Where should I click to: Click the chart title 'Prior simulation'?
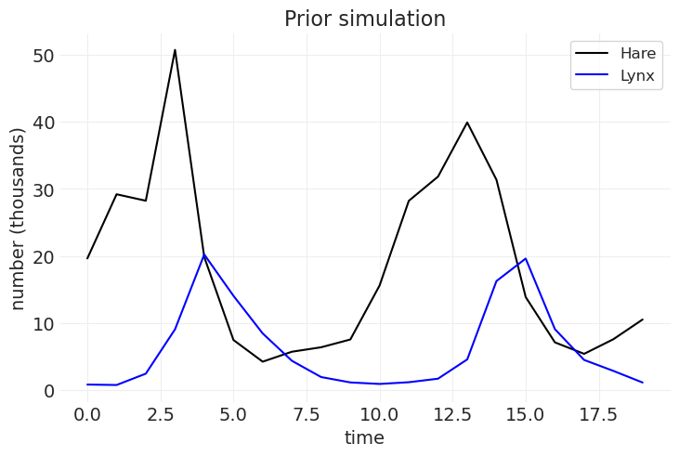click(x=365, y=19)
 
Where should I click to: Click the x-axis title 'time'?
click(x=364, y=437)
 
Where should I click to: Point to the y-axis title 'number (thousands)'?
click(x=19, y=219)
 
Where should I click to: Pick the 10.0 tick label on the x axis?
click(x=379, y=412)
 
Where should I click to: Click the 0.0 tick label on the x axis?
click(x=87, y=412)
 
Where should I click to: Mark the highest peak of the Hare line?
click(x=175, y=50)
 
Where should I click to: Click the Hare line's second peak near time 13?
click(x=467, y=123)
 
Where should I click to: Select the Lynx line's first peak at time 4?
click(x=204, y=254)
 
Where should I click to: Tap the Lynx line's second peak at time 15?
click(x=526, y=258)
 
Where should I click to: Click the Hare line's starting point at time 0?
click(x=87, y=258)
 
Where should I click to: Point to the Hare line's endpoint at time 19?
click(x=642, y=319)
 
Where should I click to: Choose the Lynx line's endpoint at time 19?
click(x=642, y=383)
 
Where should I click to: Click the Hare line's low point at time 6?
click(x=263, y=361)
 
